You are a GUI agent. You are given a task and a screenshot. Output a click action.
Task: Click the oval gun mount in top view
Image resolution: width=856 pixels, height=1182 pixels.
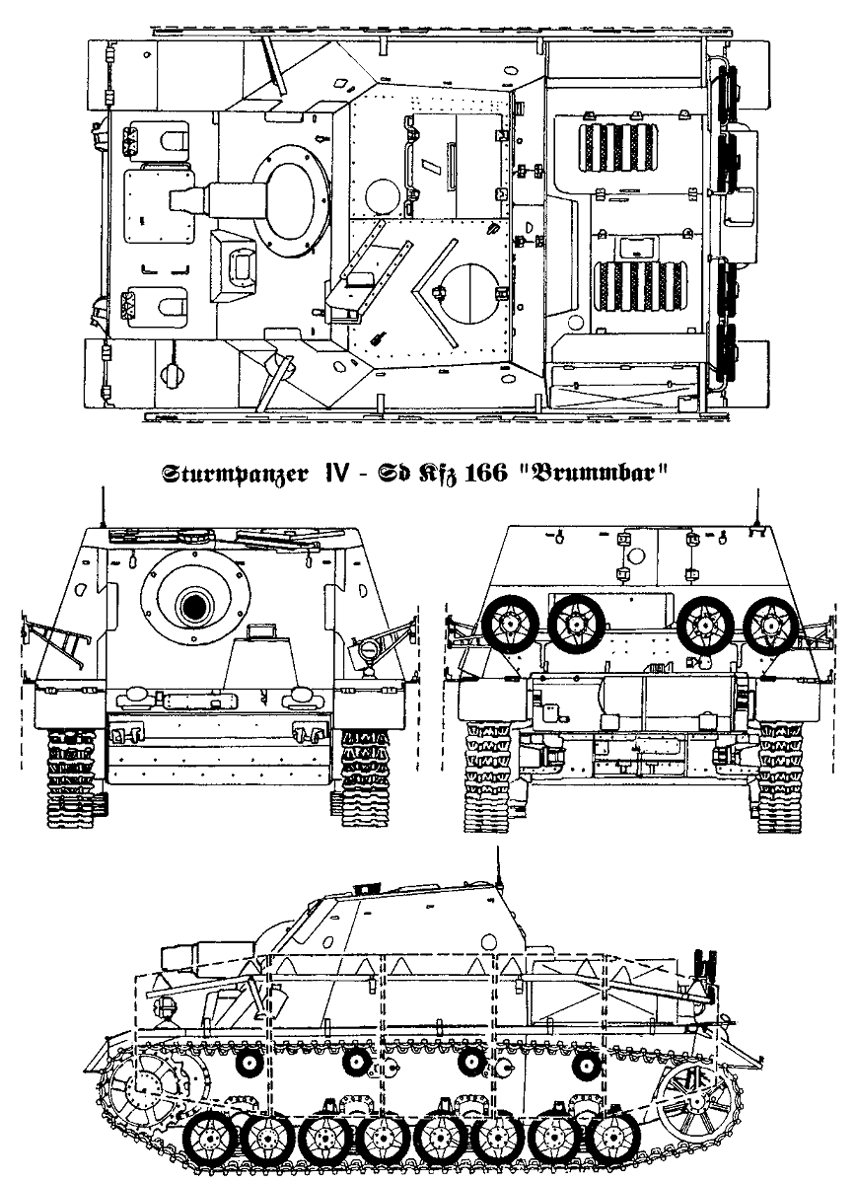(292, 193)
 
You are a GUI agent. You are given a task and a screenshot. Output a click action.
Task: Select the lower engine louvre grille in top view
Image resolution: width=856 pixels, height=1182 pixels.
(631, 286)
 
